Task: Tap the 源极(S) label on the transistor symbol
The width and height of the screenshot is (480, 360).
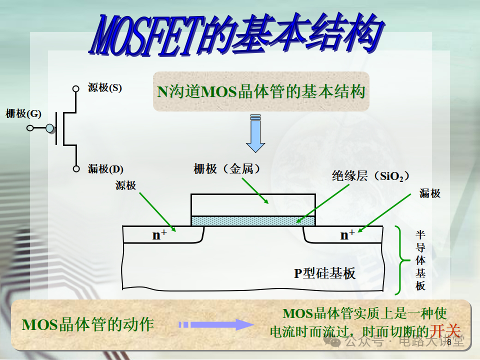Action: point(104,88)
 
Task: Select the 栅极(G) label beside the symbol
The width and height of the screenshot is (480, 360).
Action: point(23,113)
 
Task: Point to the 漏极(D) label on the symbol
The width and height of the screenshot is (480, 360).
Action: point(105,169)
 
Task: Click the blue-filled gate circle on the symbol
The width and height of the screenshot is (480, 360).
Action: point(49,128)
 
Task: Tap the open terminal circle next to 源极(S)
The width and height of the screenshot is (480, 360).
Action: point(76,89)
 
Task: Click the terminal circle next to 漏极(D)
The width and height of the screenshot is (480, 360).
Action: point(76,169)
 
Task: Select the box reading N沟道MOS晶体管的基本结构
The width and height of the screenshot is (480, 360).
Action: point(261,91)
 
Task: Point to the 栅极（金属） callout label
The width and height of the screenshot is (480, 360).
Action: point(227,169)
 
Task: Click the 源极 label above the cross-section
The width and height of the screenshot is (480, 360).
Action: point(125,185)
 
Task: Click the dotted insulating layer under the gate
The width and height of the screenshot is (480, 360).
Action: point(253,220)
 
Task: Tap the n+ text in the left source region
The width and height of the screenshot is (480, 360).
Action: point(159,235)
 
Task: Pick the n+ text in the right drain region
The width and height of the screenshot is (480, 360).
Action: point(347,234)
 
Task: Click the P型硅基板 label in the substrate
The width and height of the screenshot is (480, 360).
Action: point(324,273)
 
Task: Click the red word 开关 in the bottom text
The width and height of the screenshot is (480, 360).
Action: point(445,330)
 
